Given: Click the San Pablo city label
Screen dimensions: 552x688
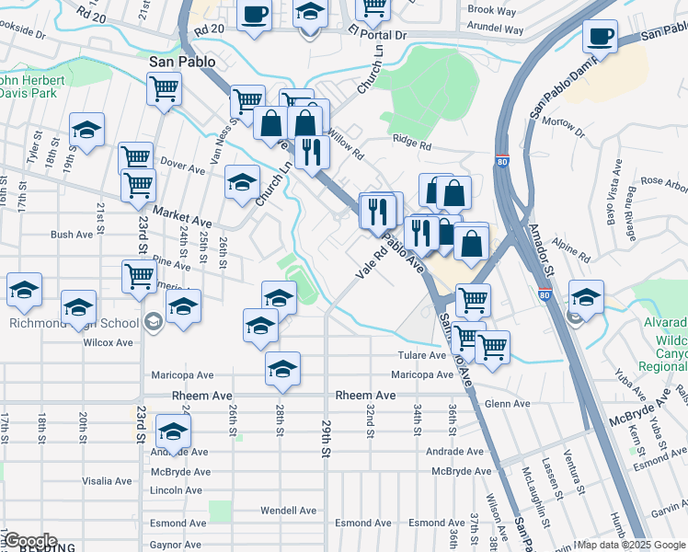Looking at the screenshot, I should (x=182, y=62).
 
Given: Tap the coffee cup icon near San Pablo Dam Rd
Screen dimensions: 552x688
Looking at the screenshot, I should (x=600, y=37).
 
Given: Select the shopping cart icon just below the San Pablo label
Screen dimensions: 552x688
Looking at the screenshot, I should (x=164, y=90).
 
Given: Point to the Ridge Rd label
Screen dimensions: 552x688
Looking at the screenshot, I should (x=411, y=144).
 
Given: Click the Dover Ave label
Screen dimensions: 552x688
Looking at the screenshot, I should (x=182, y=169).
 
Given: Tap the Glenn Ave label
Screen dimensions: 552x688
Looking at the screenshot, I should (x=508, y=404).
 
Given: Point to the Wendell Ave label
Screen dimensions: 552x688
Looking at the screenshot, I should (x=288, y=510).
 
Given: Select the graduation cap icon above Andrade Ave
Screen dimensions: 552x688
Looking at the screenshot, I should (x=173, y=431).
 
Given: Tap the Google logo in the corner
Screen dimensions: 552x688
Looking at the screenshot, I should (x=29, y=541).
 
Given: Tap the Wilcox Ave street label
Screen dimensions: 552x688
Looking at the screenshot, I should (x=111, y=342).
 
